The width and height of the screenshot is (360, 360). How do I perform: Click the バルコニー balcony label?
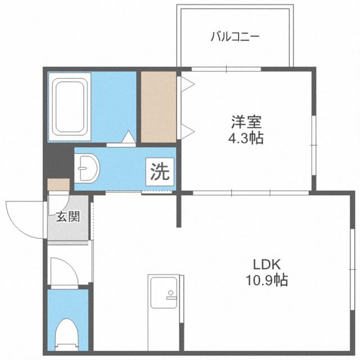click(235, 38)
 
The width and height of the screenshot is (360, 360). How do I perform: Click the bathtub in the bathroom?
click(70, 107)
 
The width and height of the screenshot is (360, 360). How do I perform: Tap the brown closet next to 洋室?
click(158, 107)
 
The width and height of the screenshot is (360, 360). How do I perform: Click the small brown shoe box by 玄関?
click(58, 185)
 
